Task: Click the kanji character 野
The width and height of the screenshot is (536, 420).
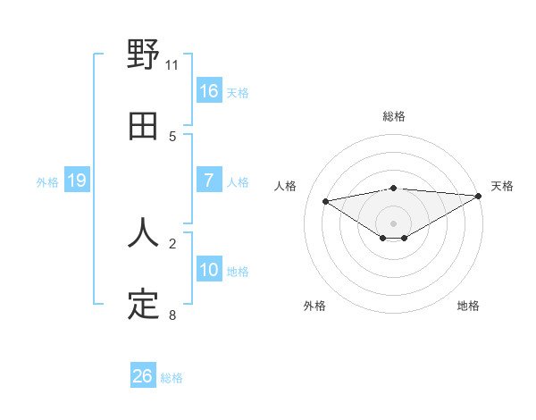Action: point(143,55)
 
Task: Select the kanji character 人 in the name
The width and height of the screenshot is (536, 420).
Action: point(143,233)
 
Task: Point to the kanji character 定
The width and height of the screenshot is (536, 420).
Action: point(143,305)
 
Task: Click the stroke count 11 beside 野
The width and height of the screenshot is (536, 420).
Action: point(172,65)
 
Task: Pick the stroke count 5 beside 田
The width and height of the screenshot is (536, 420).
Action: point(172,136)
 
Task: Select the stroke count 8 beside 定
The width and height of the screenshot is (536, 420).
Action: point(172,315)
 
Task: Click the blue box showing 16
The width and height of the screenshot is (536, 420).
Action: point(209,91)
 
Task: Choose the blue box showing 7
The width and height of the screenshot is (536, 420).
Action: point(209,181)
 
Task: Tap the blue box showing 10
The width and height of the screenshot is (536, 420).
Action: point(209,270)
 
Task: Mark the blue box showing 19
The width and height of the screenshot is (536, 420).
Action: point(77,181)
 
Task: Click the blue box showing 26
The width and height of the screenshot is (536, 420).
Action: point(143,376)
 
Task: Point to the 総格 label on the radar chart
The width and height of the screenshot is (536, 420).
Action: point(394,116)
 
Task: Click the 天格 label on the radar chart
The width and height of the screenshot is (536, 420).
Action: point(502,186)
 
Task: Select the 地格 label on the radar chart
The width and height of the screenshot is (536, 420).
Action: point(468,306)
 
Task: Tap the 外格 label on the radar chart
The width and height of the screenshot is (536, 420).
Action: point(314,306)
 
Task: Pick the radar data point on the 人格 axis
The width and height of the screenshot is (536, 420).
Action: point(325,200)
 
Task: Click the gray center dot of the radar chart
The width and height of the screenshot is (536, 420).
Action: point(394,223)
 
